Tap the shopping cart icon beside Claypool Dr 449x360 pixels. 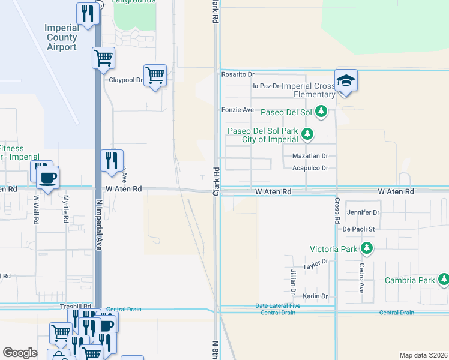[155, 76]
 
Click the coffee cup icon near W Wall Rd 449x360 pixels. [48, 178]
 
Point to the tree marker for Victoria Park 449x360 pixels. [366, 248]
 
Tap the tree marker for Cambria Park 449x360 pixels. [444, 280]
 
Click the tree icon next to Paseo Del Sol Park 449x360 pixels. [307, 133]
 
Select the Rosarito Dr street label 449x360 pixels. [238, 74]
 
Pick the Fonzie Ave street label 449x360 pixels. [238, 110]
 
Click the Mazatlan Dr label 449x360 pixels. [310, 155]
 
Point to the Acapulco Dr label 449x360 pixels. [310, 168]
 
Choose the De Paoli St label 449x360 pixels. [358, 229]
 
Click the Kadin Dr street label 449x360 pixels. [315, 296]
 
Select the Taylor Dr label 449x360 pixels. [316, 262]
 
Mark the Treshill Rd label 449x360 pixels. [76, 306]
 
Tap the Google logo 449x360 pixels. [20, 353]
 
